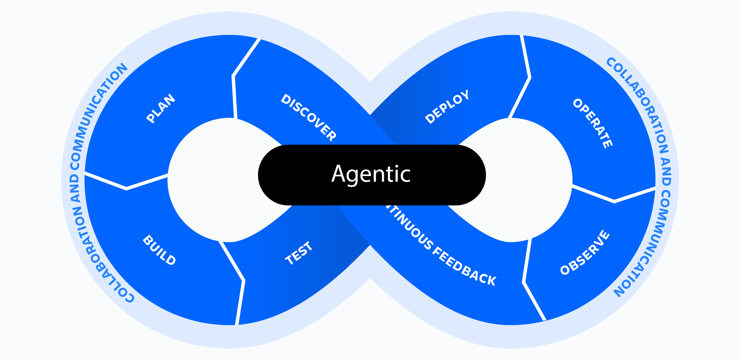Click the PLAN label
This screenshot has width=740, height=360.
point(161,108)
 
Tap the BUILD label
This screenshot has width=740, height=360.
point(159,250)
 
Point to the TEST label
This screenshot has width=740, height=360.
point(299,253)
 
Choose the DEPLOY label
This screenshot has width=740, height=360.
point(447,107)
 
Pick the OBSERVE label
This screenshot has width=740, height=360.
point(585,253)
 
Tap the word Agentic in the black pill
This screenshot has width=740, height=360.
point(371,174)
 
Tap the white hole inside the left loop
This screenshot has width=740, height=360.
point(211,180)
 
